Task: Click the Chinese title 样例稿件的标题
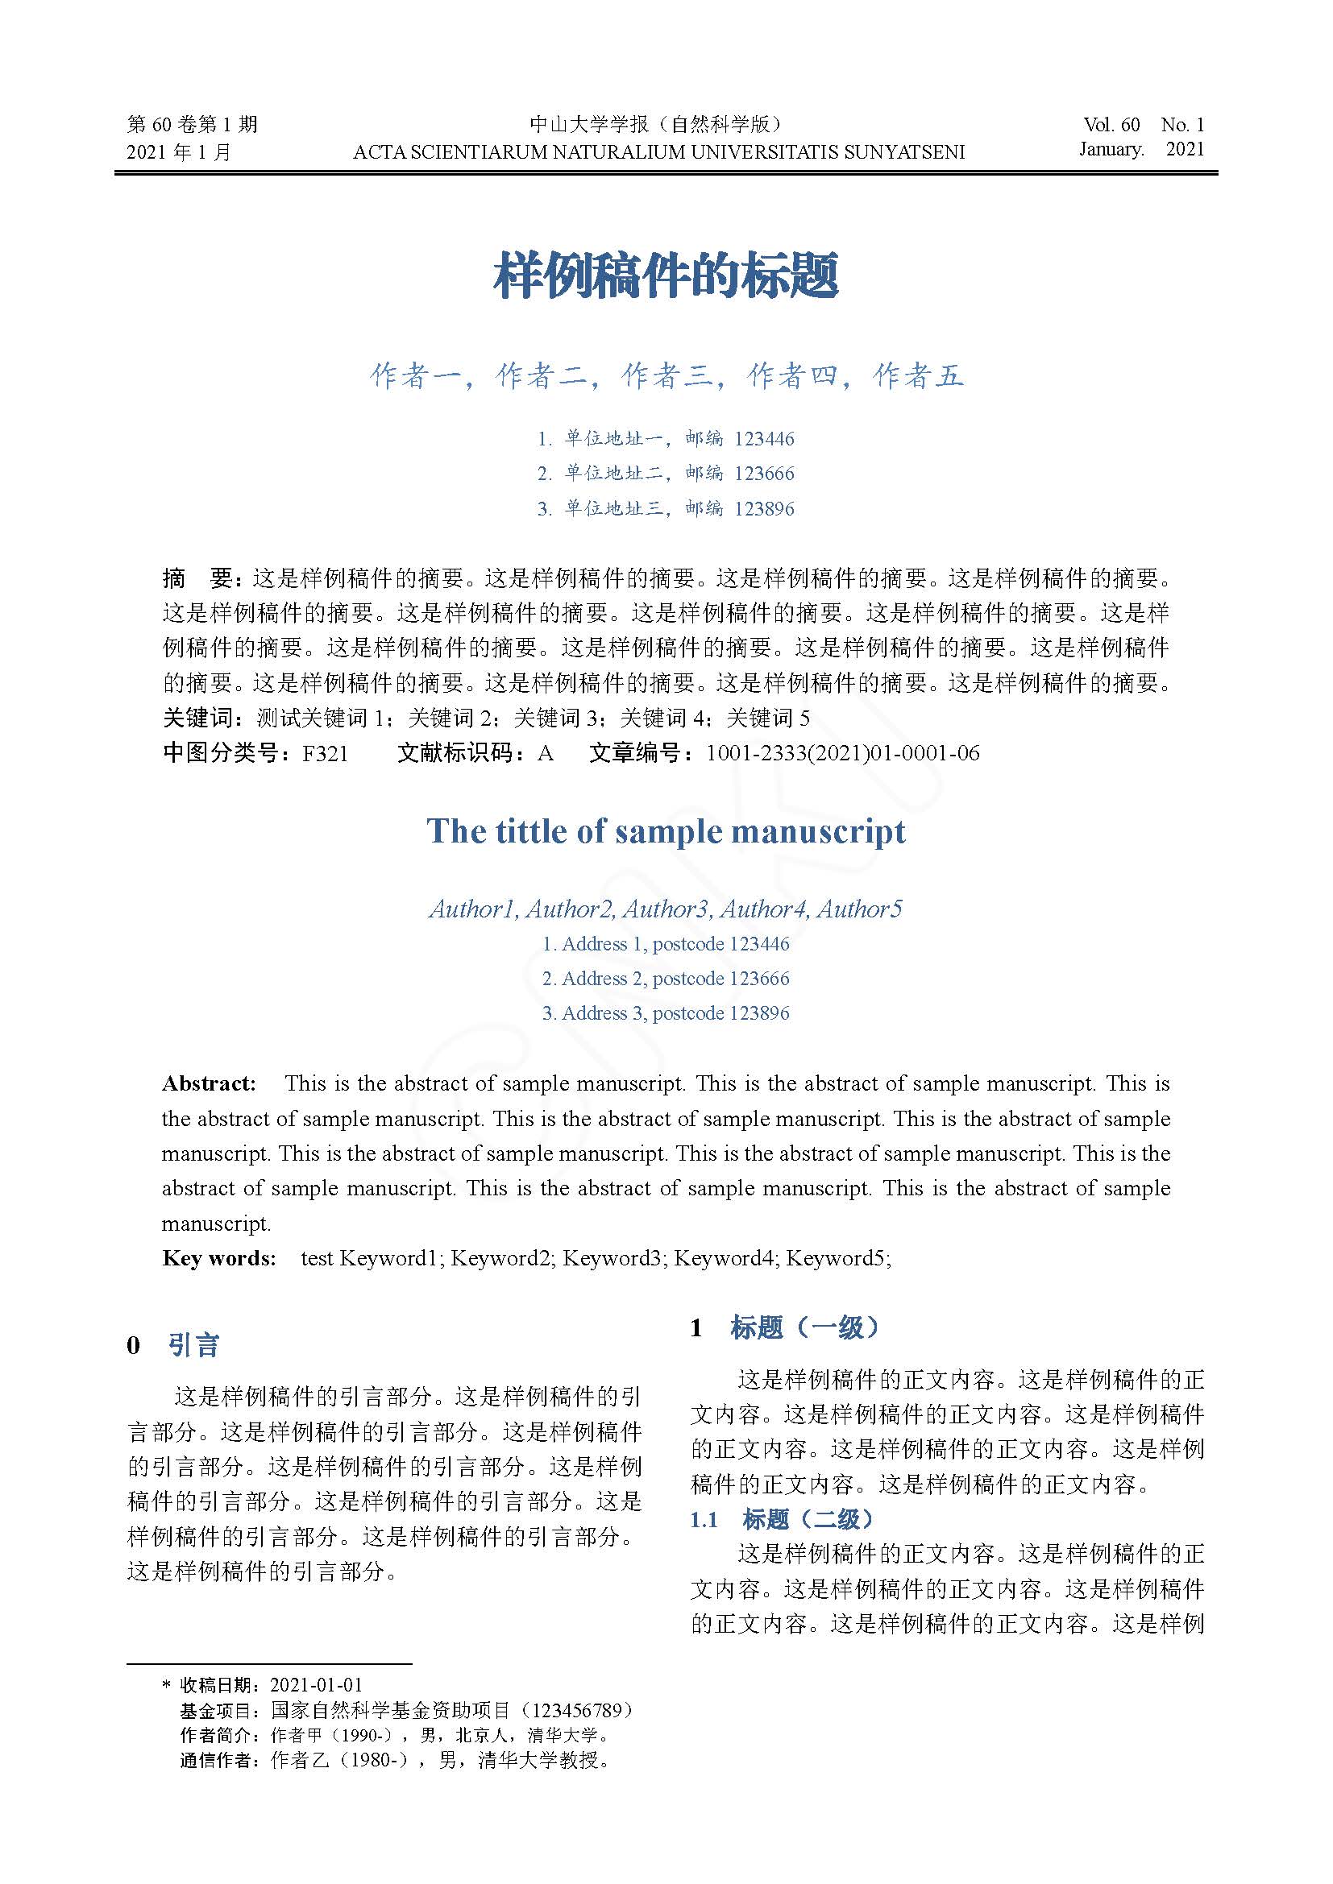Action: [x=666, y=275]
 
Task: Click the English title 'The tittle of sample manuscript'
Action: [x=666, y=831]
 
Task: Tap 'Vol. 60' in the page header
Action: [x=1111, y=125]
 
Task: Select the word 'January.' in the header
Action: [x=1111, y=149]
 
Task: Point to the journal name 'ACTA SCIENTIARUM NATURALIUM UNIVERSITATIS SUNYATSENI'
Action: [x=658, y=151]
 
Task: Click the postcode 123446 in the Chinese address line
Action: [x=764, y=439]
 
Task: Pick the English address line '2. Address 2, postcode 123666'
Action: [x=666, y=978]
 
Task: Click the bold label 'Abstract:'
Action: [x=210, y=1083]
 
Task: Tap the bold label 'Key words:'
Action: [x=219, y=1258]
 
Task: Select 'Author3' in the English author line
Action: [x=665, y=909]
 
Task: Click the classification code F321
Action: [x=325, y=753]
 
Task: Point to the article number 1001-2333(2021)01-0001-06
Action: [x=842, y=753]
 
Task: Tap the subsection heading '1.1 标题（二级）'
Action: [x=782, y=1520]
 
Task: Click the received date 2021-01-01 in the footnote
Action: [x=316, y=1685]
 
